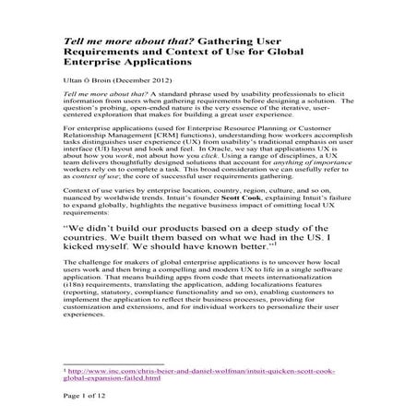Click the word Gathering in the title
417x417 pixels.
tap(222, 42)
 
